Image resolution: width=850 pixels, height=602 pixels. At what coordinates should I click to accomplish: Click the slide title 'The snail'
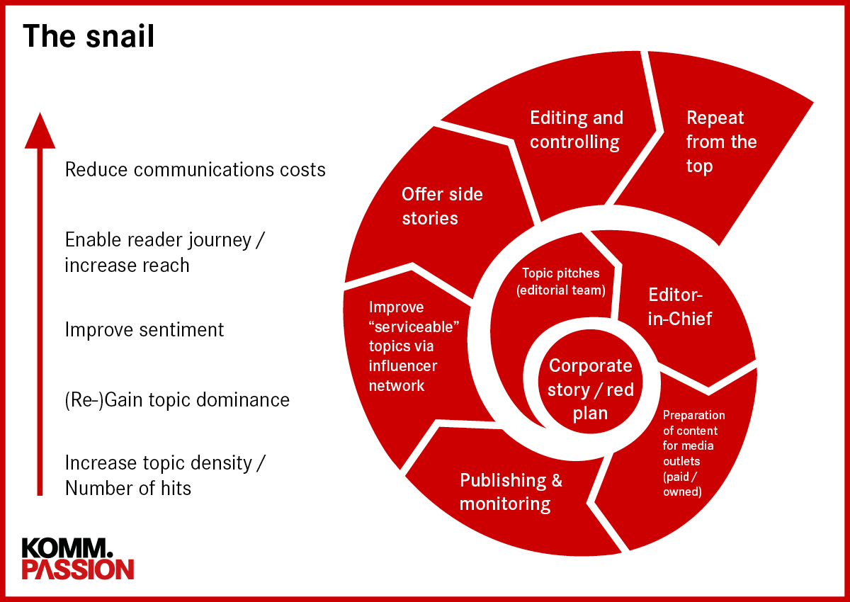coord(89,35)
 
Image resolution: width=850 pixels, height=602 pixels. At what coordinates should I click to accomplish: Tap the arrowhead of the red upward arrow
coord(40,132)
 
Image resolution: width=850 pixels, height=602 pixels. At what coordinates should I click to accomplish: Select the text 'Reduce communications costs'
coord(195,170)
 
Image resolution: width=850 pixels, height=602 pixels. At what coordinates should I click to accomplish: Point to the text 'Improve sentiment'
coord(144,330)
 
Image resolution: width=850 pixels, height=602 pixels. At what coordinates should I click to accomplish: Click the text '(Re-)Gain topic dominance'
coord(177,399)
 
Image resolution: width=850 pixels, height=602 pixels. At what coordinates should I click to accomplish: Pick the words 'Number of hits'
coord(128,488)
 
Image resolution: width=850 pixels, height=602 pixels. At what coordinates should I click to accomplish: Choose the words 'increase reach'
coord(127,265)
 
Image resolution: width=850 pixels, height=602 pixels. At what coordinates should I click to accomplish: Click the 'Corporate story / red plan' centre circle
coord(590,389)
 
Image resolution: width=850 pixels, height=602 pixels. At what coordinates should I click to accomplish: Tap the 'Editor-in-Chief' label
coord(680,306)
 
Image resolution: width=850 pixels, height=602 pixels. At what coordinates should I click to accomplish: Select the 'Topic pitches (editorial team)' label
coord(561,281)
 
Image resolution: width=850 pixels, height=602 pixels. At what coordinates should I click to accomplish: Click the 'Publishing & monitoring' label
coord(511,492)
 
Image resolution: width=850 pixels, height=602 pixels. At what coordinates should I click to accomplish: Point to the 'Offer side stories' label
coord(442,205)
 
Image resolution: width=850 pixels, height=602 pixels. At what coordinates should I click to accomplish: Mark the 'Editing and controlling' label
coord(576,130)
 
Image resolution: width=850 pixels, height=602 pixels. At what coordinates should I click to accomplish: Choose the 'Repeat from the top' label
coord(720,142)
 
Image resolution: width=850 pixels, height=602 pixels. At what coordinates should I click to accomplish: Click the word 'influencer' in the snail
coord(403,366)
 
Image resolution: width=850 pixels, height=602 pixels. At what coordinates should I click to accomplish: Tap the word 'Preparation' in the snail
coord(693,415)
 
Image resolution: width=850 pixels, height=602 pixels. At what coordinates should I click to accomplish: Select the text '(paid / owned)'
coord(682,484)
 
